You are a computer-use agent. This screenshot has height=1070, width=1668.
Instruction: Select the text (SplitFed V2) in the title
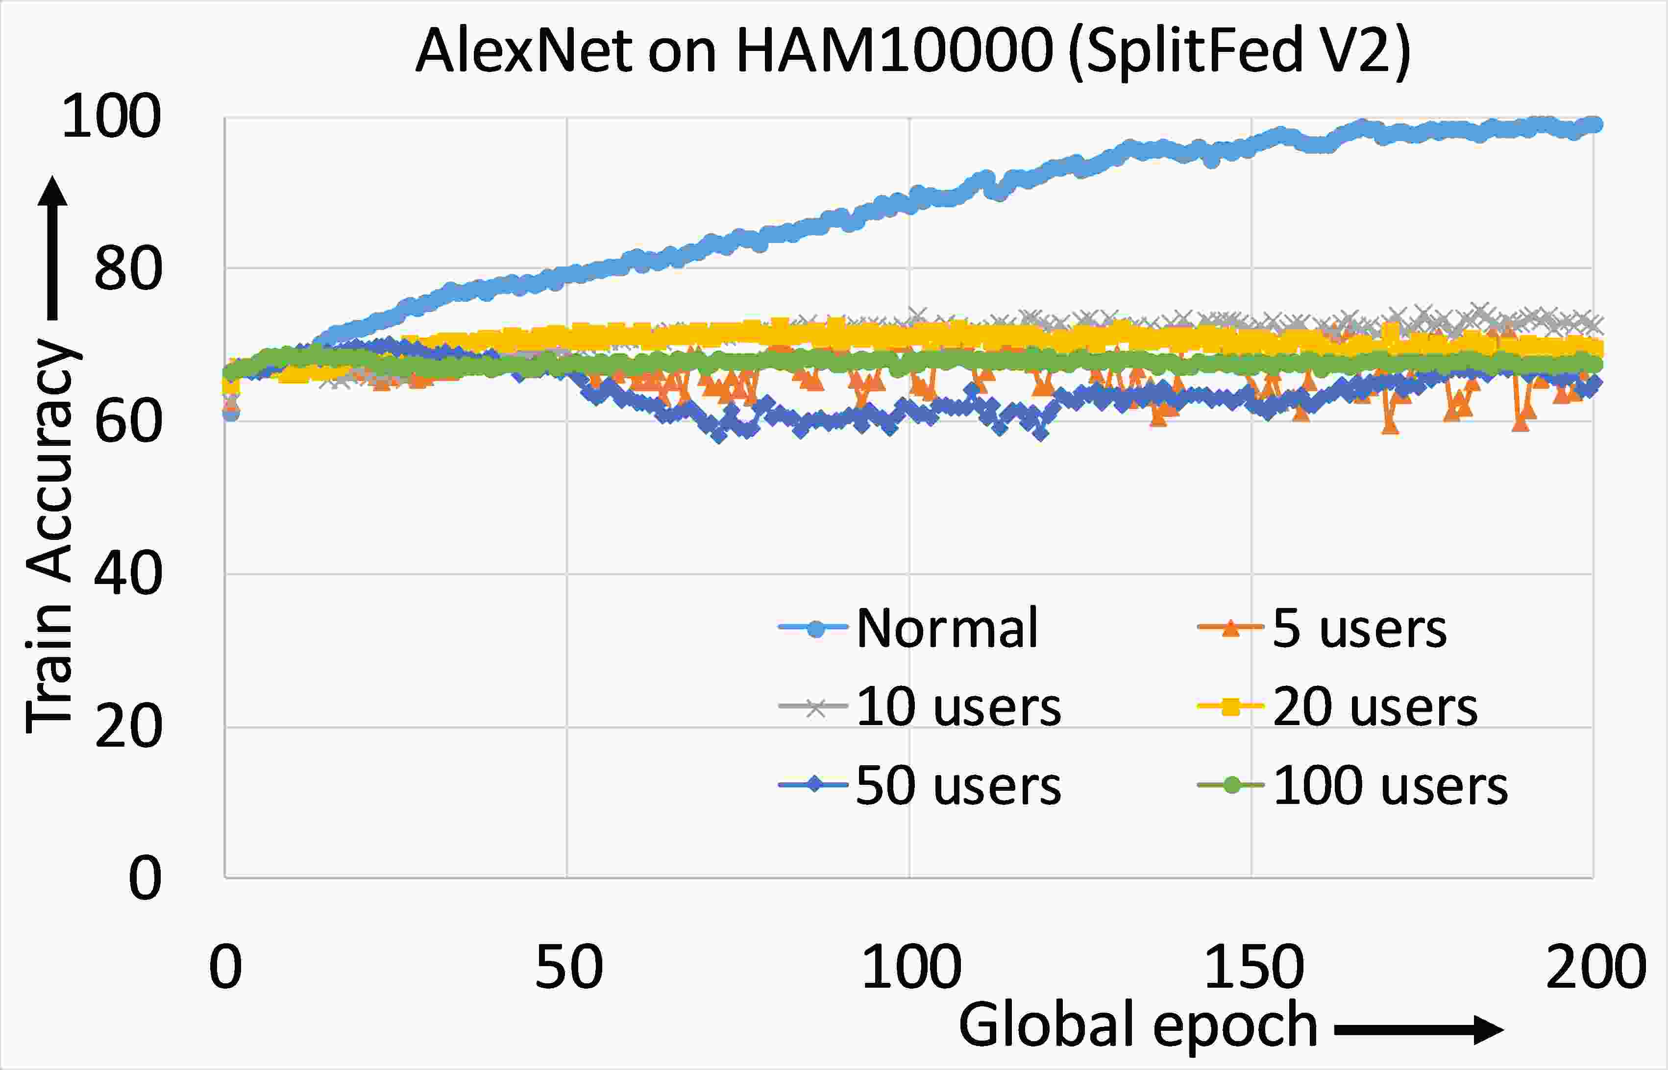pos(1241,51)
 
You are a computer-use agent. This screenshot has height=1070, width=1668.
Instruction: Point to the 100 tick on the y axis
pos(111,116)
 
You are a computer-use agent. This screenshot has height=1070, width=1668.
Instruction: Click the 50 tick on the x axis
pos(568,967)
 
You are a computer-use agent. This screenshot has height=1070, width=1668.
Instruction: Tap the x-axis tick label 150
pos(1252,967)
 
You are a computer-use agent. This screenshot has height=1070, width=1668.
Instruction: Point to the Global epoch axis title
pos(1138,1025)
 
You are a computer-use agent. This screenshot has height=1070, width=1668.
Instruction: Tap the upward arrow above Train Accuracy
pos(53,246)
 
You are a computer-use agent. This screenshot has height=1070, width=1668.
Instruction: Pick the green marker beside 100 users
pos(1230,785)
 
